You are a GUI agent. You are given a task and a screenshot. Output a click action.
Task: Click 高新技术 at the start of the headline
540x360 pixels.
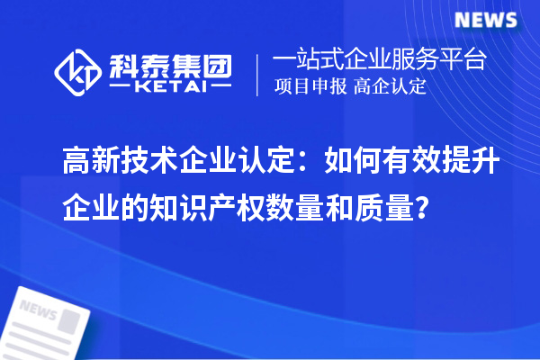point(120,165)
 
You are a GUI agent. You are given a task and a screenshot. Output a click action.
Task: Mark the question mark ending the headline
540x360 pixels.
point(422,210)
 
